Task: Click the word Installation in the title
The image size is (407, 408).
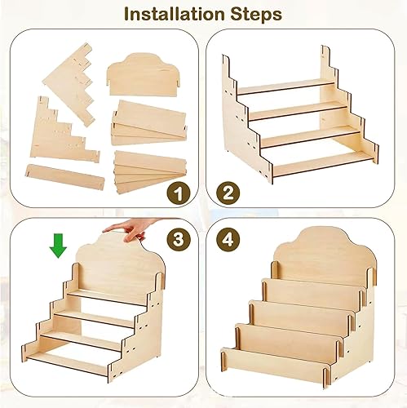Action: click(x=174, y=14)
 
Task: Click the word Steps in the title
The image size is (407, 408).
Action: click(x=256, y=14)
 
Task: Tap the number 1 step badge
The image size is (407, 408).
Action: click(x=179, y=193)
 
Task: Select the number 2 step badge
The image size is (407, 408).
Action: click(x=228, y=193)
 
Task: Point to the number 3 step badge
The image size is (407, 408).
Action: click(x=179, y=239)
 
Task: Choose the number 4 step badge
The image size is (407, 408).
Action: click(x=228, y=239)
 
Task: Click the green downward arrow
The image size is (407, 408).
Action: click(x=58, y=246)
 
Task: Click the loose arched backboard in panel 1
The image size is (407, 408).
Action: click(x=144, y=75)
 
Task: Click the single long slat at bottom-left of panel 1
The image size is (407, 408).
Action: click(x=65, y=176)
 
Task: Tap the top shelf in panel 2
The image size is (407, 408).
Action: click(x=286, y=87)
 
